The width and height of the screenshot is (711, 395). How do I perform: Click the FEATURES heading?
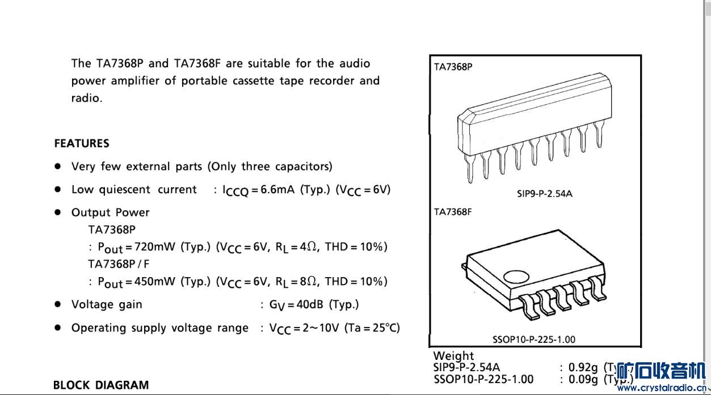pos(82,143)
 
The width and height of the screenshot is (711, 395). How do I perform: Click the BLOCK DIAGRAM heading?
pos(100,385)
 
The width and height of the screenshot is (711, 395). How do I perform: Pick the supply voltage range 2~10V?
pos(319,328)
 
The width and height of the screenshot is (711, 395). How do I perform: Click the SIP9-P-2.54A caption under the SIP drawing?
pos(544,194)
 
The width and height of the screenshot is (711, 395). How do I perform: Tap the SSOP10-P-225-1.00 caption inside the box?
pos(533,339)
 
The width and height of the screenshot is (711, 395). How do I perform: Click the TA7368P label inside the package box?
pos(453,67)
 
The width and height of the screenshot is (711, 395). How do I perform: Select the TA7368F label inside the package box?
pos(453,212)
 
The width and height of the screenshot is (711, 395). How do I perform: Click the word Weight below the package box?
pos(453,356)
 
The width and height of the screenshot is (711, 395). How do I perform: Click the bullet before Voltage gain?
pos(57,304)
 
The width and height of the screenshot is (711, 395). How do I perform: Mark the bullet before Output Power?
pos(57,212)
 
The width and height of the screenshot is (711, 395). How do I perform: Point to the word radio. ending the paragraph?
pos(86,97)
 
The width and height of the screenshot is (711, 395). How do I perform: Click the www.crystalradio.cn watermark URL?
pos(663,388)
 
